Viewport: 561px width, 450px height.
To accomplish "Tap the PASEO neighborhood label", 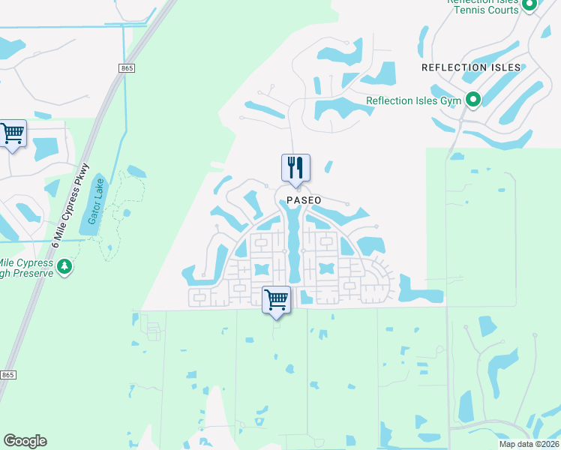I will click(304, 200).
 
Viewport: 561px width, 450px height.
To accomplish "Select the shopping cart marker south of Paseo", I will click(277, 300).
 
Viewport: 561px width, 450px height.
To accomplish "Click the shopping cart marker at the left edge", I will click(13, 134).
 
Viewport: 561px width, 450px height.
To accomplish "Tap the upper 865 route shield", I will click(126, 68).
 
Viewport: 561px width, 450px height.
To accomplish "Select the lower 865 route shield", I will click(7, 374).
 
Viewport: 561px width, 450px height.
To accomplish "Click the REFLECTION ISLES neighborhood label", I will click(471, 67).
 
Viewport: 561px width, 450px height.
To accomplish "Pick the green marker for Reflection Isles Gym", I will click(473, 100).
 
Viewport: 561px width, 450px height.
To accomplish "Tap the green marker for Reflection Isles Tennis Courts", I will click(529, 5).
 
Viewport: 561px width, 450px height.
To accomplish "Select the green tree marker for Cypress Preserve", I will click(65, 266).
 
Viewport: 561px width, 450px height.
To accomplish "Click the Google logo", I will click(25, 441).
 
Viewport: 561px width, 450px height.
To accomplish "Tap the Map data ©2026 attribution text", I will click(529, 444).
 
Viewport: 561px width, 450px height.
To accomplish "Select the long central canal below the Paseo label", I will click(292, 240).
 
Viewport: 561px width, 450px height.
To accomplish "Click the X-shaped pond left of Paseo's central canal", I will click(261, 268).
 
